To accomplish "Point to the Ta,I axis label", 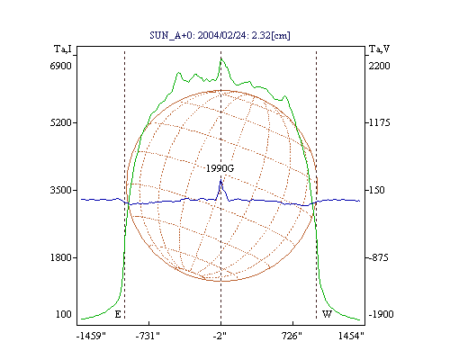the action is pos(63,49).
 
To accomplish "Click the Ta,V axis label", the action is pos(380,49).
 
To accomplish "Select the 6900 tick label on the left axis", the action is pos(61,66).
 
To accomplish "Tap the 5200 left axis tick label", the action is pos(61,122).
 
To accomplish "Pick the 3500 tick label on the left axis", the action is pos(61,190).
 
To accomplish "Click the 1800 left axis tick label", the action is pos(61,257).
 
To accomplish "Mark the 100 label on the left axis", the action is pos(64,314).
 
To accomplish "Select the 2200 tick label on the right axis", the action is pos(379,66).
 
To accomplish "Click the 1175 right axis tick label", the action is pos(379,122).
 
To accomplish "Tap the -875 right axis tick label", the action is pos(378,257).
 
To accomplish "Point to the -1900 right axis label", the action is pos(381,314).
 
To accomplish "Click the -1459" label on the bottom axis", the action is pos(91,336).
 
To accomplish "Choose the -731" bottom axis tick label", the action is pos(148,336).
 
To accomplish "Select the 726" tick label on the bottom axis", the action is pos(292,336).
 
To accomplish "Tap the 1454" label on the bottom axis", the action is pos(351,336).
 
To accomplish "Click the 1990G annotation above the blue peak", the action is pos(220,168).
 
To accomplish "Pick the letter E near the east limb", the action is pos(118,314).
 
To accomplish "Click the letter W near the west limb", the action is pos(327,314).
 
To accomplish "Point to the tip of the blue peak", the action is pos(221,180).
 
